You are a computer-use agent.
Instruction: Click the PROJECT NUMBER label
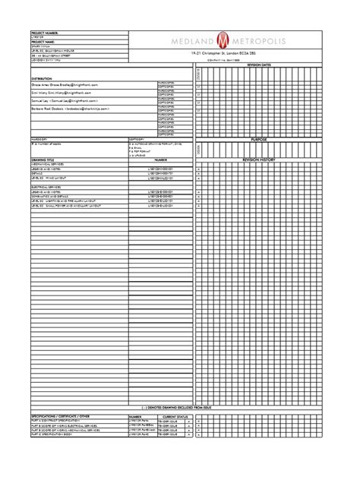click(45, 33)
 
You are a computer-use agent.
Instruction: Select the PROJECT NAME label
click(43, 43)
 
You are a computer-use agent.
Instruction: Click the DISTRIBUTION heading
click(42, 79)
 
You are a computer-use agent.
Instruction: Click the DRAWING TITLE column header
click(43, 160)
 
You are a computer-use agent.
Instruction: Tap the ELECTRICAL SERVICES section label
click(48, 187)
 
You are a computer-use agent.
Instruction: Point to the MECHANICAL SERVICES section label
click(49, 164)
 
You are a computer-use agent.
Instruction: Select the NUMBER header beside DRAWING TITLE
click(160, 160)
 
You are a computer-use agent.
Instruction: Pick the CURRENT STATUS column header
click(175, 417)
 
